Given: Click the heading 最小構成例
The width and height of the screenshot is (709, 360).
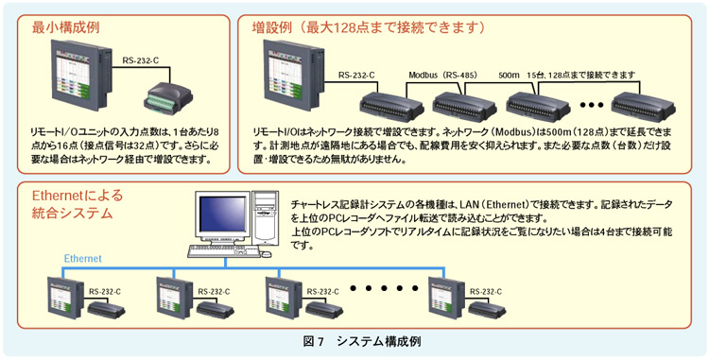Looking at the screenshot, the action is (65, 28).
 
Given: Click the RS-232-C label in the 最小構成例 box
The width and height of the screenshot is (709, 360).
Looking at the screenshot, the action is (141, 60).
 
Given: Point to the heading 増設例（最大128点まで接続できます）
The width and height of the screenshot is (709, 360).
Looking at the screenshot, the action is (369, 28).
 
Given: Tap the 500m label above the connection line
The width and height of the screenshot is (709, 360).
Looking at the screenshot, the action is (509, 74).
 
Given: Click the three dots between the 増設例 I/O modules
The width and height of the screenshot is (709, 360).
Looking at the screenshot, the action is (592, 105).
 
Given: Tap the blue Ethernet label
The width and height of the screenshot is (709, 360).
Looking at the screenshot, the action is (83, 258).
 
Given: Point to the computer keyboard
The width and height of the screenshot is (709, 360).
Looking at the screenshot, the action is (220, 251).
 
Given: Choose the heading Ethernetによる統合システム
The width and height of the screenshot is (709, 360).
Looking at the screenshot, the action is (77, 204).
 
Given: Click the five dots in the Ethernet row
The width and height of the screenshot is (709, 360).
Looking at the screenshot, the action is (384, 288).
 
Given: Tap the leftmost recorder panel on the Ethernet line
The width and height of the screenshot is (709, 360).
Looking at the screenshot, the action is (64, 298).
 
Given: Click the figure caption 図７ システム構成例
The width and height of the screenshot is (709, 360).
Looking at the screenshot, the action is (362, 341).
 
